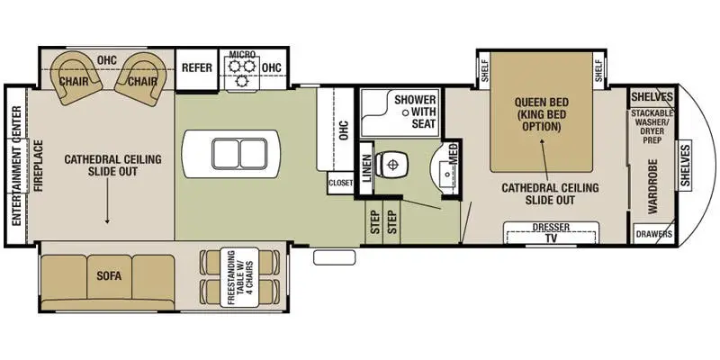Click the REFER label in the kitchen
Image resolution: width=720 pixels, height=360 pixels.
(197, 68)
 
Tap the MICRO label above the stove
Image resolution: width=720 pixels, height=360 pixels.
(242, 55)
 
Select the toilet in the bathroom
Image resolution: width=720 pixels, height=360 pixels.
(391, 165)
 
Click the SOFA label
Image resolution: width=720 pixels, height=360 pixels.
(109, 276)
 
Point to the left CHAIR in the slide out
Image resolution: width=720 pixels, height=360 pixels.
(76, 77)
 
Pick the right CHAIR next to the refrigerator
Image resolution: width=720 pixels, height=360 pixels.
(140, 78)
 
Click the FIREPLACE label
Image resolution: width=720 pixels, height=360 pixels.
(39, 166)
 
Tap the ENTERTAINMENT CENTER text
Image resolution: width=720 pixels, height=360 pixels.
(16, 166)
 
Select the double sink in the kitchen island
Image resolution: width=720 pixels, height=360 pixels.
(239, 154)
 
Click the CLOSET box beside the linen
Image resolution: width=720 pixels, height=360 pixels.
(341, 183)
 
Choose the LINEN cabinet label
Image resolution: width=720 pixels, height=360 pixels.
(366, 168)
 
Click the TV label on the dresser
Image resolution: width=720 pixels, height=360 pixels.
(551, 238)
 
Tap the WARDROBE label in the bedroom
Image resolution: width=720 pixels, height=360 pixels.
(652, 186)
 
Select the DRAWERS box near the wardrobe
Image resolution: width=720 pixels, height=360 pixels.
(654, 234)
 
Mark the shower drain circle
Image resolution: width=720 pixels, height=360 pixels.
(406, 112)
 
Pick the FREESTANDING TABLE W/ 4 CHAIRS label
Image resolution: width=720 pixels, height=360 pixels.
(239, 277)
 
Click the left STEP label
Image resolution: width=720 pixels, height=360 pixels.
(375, 222)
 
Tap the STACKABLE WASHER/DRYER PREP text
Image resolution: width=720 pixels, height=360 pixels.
(652, 126)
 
